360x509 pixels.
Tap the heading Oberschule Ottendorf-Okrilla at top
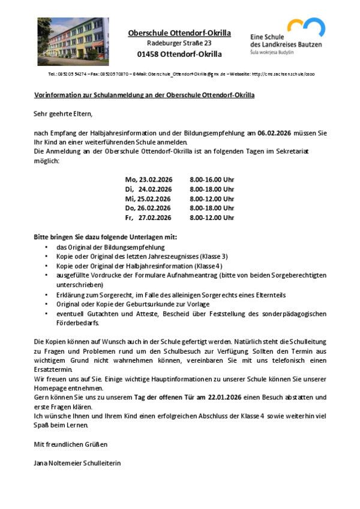pyautogui.click(x=179, y=33)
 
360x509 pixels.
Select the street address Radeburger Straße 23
pyautogui.click(x=179, y=43)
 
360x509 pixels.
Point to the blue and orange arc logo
pyautogui.click(x=306, y=27)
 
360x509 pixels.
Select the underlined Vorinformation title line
pyautogui.click(x=144, y=95)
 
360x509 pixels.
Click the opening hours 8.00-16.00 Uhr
pyautogui.click(x=212, y=180)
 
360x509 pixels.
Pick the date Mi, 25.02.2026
pyautogui.click(x=148, y=198)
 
